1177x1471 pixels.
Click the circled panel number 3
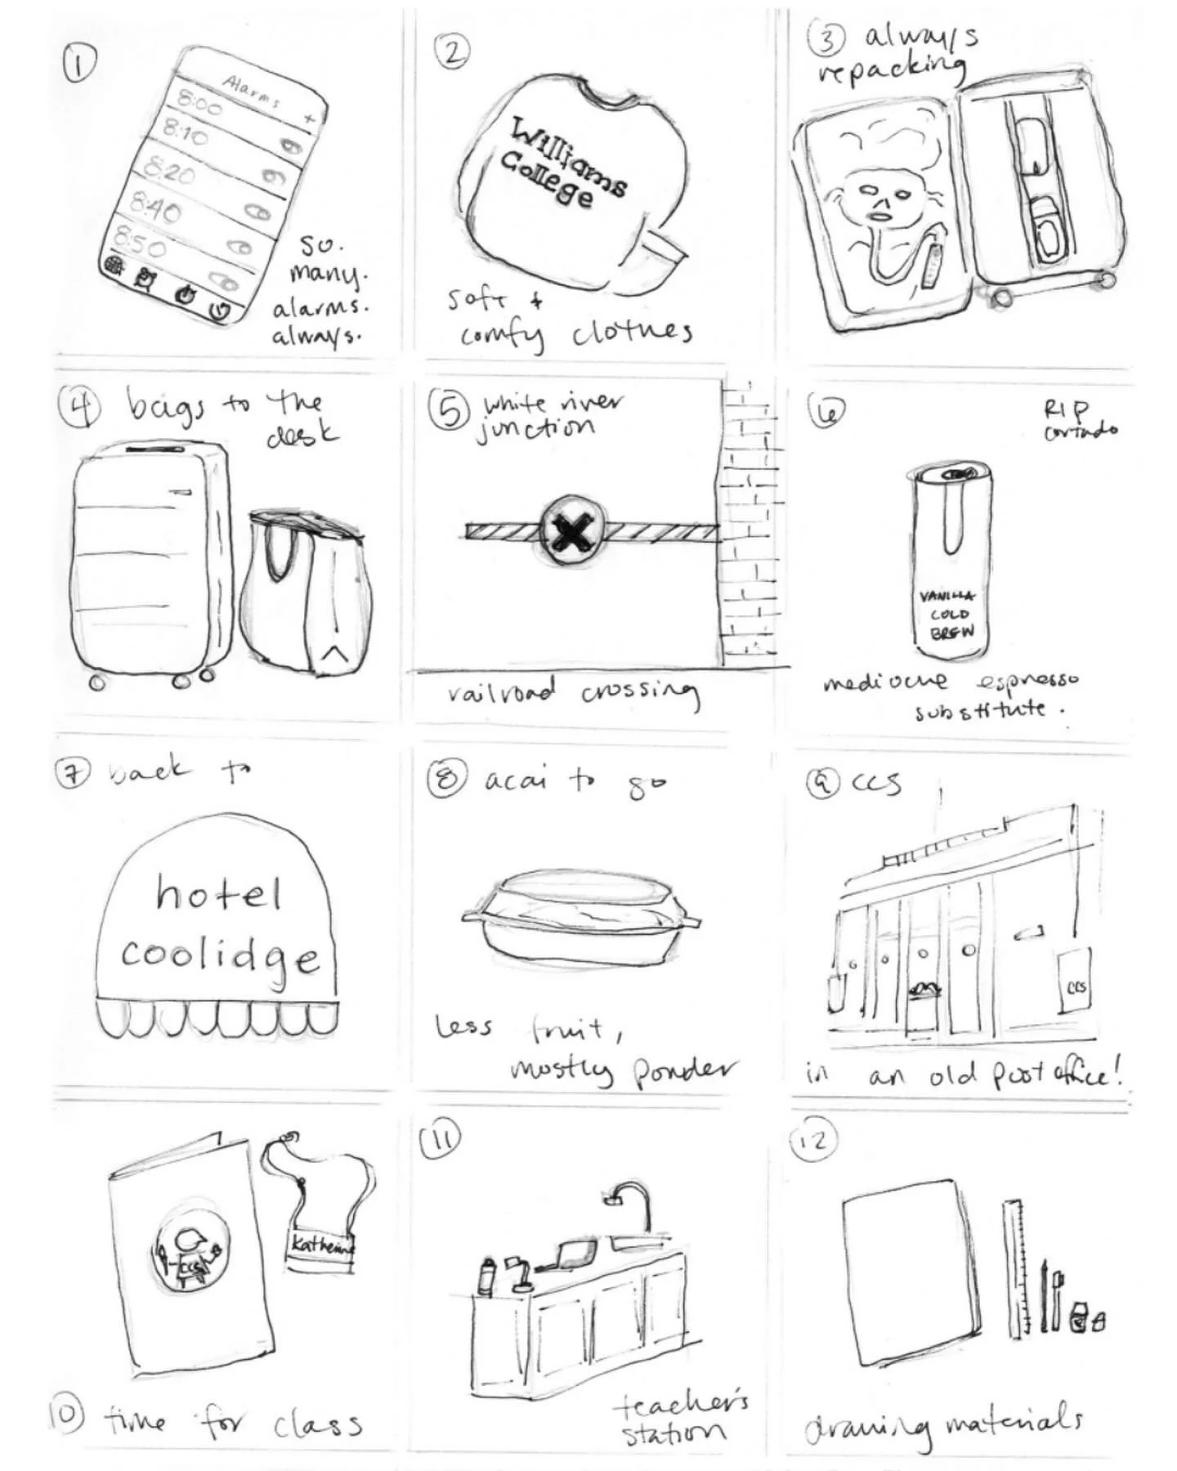[x=826, y=39]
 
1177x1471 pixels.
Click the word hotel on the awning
[x=219, y=893]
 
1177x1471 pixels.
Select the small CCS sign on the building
[x=1075, y=987]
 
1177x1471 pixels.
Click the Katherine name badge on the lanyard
[x=322, y=1245]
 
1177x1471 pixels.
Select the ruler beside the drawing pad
[x=1015, y=1267]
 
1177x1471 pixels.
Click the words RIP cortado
[x=1077, y=418]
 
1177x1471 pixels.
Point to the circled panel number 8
[x=446, y=779]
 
